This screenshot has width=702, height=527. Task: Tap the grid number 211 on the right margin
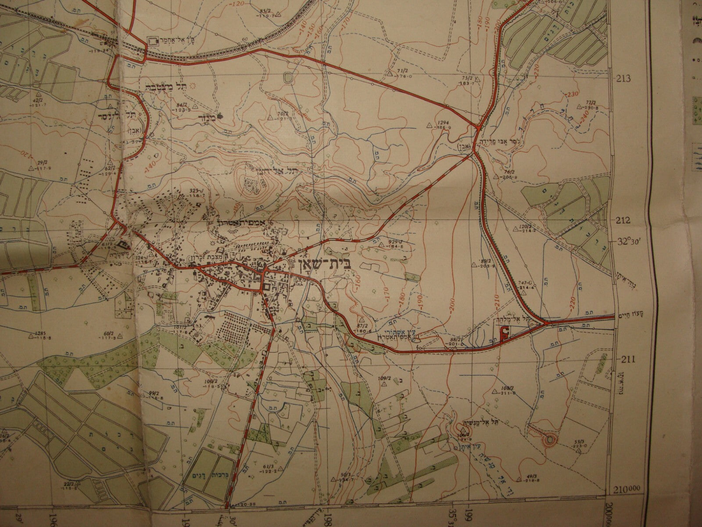(628, 360)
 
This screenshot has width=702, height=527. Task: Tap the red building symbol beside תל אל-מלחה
(505, 334)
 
